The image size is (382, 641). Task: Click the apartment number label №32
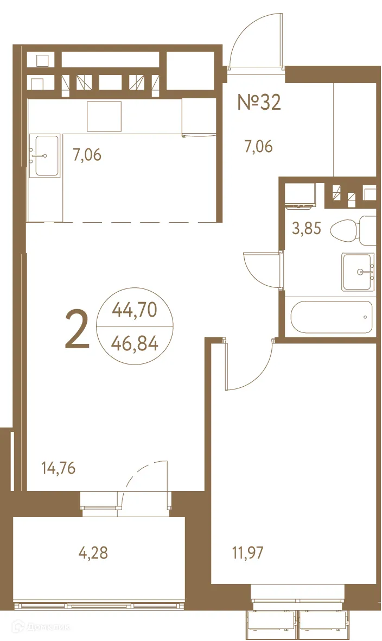click(x=259, y=102)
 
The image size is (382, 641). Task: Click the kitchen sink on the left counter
click(x=47, y=156)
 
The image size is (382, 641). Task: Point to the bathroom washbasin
click(x=358, y=272)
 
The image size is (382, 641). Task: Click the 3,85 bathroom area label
click(x=307, y=229)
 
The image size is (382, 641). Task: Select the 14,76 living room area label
click(x=58, y=467)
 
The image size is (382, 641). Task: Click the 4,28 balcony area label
click(x=93, y=553)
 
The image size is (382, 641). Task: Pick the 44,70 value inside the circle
click(x=134, y=310)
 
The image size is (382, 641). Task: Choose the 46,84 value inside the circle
click(x=134, y=343)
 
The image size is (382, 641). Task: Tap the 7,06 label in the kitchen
click(x=87, y=155)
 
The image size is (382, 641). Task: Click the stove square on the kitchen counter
click(x=104, y=116)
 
